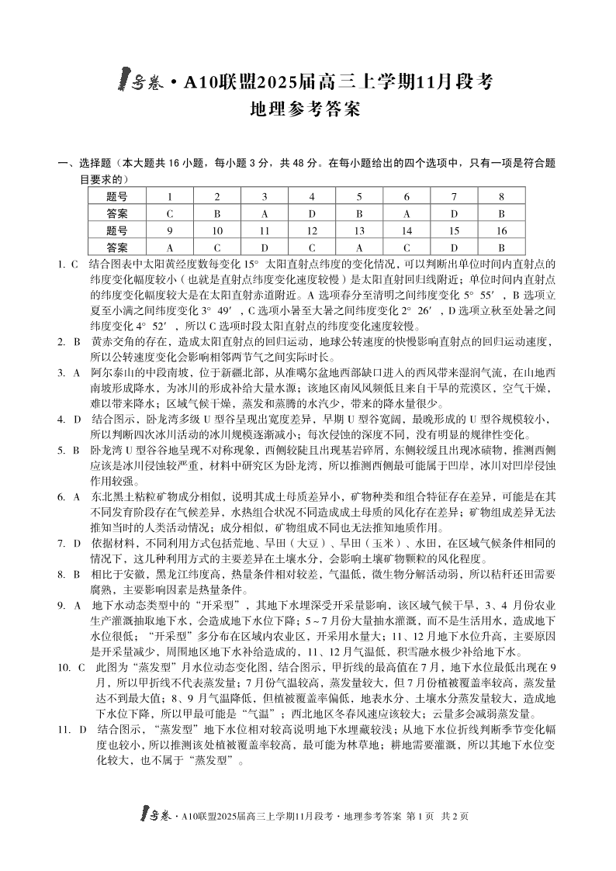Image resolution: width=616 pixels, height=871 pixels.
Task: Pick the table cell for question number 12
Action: tap(312, 230)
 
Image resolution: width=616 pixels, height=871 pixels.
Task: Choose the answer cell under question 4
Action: tap(312, 213)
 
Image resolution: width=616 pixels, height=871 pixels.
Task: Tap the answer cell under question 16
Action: tap(502, 247)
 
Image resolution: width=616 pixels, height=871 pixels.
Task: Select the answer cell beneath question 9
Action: tap(169, 247)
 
